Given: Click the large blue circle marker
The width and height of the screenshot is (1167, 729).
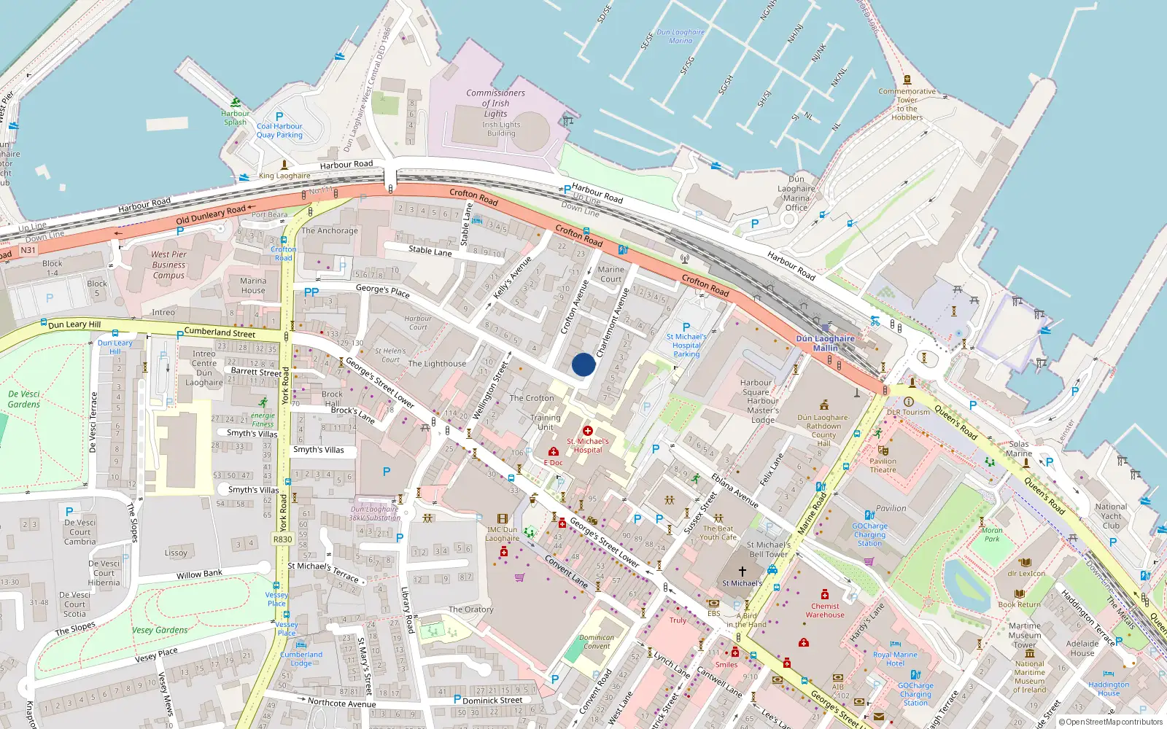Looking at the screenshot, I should click(583, 364).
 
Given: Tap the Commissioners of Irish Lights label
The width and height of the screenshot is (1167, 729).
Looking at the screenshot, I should click(495, 104).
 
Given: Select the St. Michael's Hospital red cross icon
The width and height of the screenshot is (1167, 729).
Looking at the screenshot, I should click(588, 431).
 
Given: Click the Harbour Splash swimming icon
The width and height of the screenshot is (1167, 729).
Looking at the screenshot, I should click(235, 103).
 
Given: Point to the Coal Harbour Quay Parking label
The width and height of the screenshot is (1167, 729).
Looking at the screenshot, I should click(279, 130).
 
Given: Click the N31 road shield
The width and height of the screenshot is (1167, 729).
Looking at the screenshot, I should click(28, 250).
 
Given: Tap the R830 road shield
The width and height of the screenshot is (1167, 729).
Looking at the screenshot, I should click(282, 539).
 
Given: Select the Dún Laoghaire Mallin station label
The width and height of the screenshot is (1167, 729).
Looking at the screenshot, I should click(825, 343).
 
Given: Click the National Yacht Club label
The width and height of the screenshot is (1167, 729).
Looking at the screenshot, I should click(1111, 516).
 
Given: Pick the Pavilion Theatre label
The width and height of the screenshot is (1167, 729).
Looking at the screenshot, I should click(883, 465).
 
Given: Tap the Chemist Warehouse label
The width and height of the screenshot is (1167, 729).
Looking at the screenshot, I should click(825, 610).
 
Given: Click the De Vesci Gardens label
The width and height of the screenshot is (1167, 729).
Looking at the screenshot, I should click(24, 399).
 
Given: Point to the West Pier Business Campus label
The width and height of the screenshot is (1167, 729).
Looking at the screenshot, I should click(168, 265).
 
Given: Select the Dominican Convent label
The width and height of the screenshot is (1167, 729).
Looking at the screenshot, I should click(597, 642).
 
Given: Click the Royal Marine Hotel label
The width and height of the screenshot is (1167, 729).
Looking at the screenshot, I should click(895, 659).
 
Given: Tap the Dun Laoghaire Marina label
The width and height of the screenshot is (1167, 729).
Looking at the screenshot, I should click(681, 36).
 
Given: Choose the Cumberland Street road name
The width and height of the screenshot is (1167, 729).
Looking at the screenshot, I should click(220, 332).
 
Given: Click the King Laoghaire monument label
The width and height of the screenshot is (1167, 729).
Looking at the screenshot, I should click(284, 176).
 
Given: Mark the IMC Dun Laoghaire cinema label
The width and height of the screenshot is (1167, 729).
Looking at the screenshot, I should click(503, 534).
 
